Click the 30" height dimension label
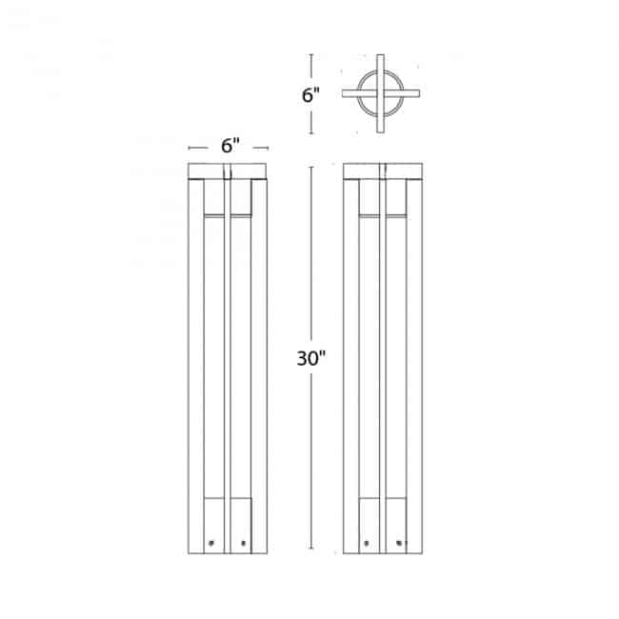coord(311,358)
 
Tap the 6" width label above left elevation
coord(230,146)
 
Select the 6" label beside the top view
coord(310,95)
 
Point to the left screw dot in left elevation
coord(210,543)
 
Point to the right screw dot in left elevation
coord(243,543)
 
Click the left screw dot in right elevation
coord(367,543)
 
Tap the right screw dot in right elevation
coord(400,543)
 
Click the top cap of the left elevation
coord(227,171)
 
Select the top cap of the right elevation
coord(383,171)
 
